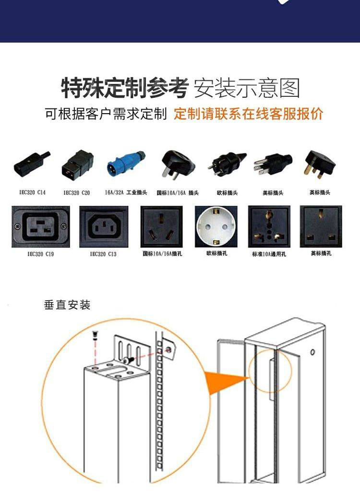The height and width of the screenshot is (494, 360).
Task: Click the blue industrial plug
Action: (x=126, y=162)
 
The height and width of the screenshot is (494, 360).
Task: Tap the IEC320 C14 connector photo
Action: (x=32, y=164)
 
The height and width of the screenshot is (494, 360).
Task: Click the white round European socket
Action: (x=216, y=226)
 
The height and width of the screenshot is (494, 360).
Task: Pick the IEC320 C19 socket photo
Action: (x=41, y=226)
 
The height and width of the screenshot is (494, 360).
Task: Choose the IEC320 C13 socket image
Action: (x=104, y=226)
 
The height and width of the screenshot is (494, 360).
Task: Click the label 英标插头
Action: (x=320, y=192)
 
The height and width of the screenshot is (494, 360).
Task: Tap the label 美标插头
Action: (x=273, y=192)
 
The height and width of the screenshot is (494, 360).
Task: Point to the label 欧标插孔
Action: (x=217, y=253)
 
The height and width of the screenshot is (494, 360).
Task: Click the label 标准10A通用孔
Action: (x=269, y=254)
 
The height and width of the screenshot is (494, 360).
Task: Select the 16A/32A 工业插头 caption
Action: (x=126, y=192)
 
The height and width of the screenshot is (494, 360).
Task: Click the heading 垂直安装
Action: (x=67, y=305)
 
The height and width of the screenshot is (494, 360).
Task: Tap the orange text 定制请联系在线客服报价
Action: (x=249, y=113)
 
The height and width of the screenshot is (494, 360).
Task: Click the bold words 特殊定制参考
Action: (x=125, y=88)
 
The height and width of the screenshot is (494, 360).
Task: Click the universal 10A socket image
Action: (x=269, y=226)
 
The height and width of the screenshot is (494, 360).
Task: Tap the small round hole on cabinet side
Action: (x=312, y=352)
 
